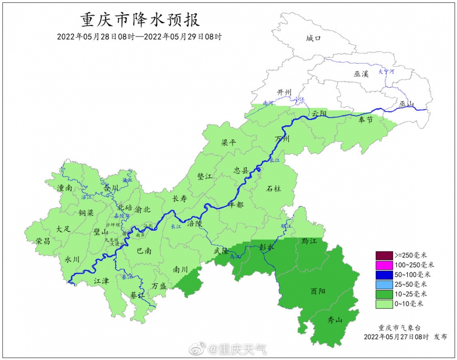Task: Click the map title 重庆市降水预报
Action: (140, 21)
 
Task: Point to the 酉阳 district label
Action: (318, 291)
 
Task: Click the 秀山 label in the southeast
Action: (335, 320)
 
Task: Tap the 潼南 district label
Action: (64, 188)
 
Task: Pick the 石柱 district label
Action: (274, 188)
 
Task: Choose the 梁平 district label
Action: (229, 143)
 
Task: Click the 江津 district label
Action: (101, 281)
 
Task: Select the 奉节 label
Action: (365, 120)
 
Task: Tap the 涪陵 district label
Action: (194, 224)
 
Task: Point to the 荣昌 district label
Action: (43, 241)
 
